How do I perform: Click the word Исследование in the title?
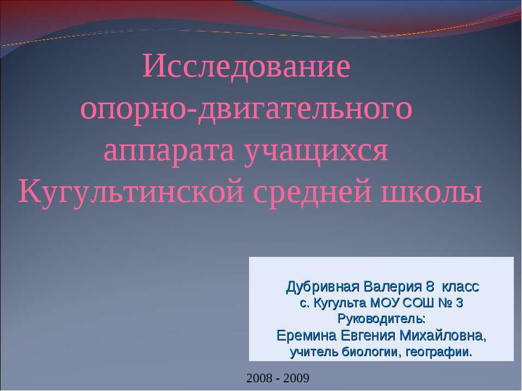click(x=246, y=67)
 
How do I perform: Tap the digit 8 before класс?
click(x=430, y=286)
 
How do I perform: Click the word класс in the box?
click(x=459, y=286)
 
